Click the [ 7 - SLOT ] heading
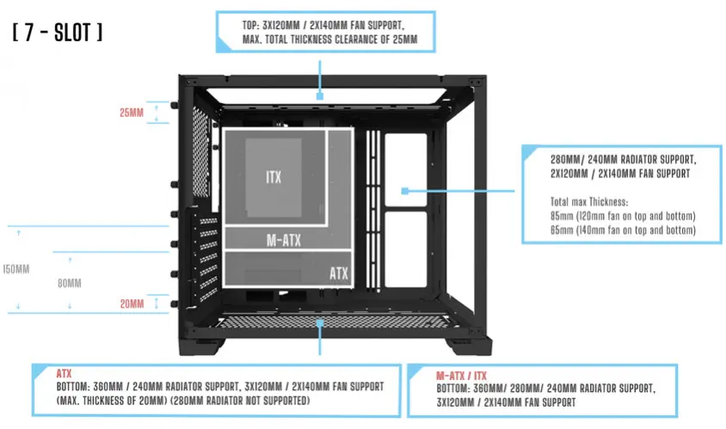pos(58,34)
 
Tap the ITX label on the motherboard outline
pos(274,176)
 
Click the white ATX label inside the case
pos(339,273)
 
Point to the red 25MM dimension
pos(132,113)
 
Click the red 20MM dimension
pos(132,303)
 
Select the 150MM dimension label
pos(15,269)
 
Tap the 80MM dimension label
pos(70,283)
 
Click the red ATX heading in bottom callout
pos(64,374)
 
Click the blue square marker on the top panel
pos(319,97)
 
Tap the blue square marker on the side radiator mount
pos(403,191)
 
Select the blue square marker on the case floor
pos(319,322)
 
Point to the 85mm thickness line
pos(622,215)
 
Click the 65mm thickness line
pos(622,230)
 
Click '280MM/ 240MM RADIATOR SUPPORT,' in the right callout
pos(623,159)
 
